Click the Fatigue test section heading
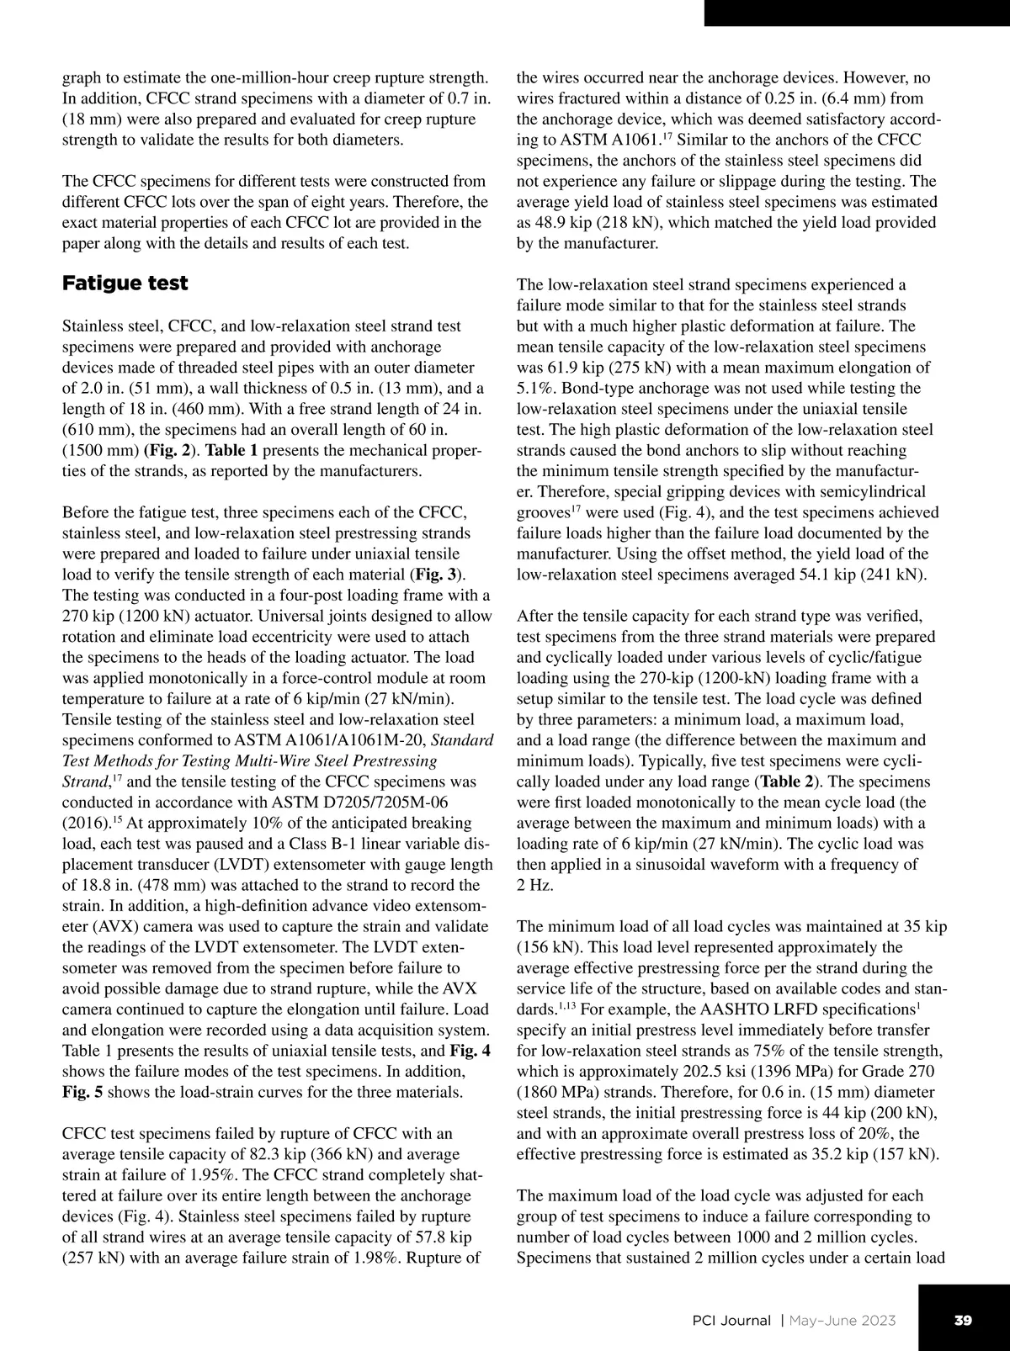click(x=125, y=283)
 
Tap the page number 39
click(x=964, y=1320)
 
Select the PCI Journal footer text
click(x=725, y=1320)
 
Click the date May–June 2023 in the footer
click(x=843, y=1320)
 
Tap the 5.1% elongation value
click(x=534, y=388)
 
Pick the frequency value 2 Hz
click(x=534, y=885)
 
